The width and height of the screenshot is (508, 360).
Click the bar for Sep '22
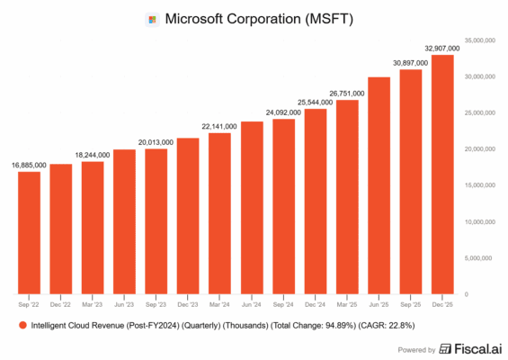29,232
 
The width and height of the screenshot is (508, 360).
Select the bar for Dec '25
443,175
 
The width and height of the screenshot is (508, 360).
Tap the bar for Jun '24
252,207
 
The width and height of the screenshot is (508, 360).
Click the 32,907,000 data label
443,46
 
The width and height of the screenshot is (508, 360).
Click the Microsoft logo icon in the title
152,19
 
